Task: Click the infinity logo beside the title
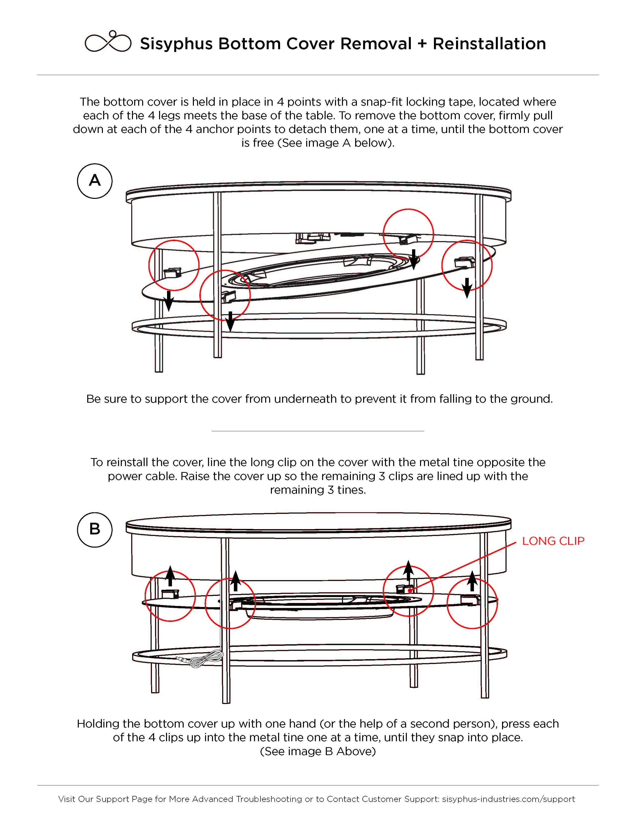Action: click(108, 42)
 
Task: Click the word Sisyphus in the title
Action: click(176, 44)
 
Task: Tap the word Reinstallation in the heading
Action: click(489, 44)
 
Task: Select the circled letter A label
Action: click(95, 181)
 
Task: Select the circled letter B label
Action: click(95, 529)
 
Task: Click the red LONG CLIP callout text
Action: click(553, 541)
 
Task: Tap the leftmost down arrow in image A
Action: click(169, 300)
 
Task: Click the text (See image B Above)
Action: click(318, 751)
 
